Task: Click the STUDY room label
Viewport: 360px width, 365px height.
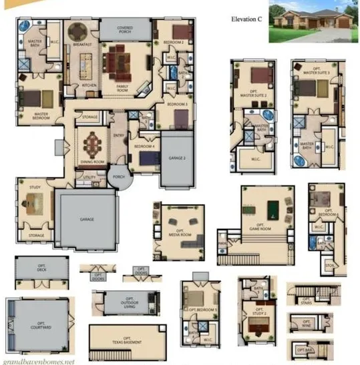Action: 35,188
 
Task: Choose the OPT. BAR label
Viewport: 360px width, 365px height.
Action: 306,350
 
